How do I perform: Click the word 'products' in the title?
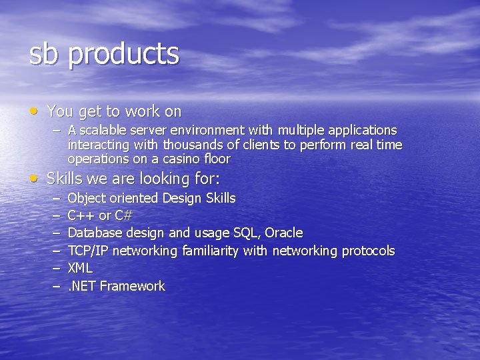click(123, 55)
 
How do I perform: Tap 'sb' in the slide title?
click(44, 53)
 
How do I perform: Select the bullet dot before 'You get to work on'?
click(33, 109)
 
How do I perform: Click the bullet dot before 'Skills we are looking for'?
click(33, 177)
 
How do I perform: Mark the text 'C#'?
click(124, 215)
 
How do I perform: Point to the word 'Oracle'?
click(284, 233)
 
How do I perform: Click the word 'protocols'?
click(368, 251)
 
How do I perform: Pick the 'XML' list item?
click(80, 268)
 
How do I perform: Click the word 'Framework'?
click(132, 286)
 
